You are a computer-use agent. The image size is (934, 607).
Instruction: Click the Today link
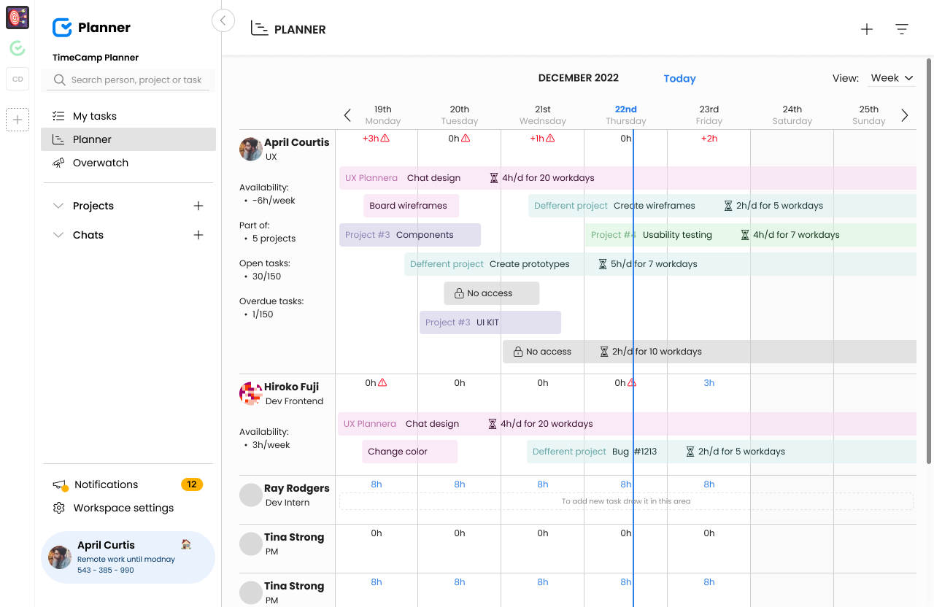[679, 79]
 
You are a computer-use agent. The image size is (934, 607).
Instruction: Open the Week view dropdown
[892, 78]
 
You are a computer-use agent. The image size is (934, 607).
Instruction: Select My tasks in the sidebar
[94, 116]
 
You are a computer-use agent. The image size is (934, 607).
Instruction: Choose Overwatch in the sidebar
[100, 163]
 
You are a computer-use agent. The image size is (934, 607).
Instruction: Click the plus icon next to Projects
[198, 206]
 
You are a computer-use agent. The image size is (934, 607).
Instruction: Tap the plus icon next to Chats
[198, 235]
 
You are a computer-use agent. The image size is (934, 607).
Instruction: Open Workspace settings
[123, 508]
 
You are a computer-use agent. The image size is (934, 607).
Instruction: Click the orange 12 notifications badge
[192, 484]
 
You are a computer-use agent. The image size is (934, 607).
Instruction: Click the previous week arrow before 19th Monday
[347, 115]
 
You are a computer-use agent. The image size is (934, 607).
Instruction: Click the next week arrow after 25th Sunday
[905, 115]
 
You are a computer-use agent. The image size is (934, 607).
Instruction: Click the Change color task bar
[409, 452]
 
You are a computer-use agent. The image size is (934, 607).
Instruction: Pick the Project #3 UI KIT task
[490, 322]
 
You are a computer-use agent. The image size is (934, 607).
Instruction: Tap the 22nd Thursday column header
[626, 115]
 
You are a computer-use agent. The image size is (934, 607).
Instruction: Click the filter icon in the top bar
[902, 29]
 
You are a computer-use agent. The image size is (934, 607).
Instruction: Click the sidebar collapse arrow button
[223, 20]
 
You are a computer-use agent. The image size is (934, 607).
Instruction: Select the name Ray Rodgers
[296, 488]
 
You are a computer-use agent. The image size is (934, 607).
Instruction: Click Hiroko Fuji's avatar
[251, 393]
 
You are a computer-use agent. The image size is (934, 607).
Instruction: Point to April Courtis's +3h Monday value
[371, 138]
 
